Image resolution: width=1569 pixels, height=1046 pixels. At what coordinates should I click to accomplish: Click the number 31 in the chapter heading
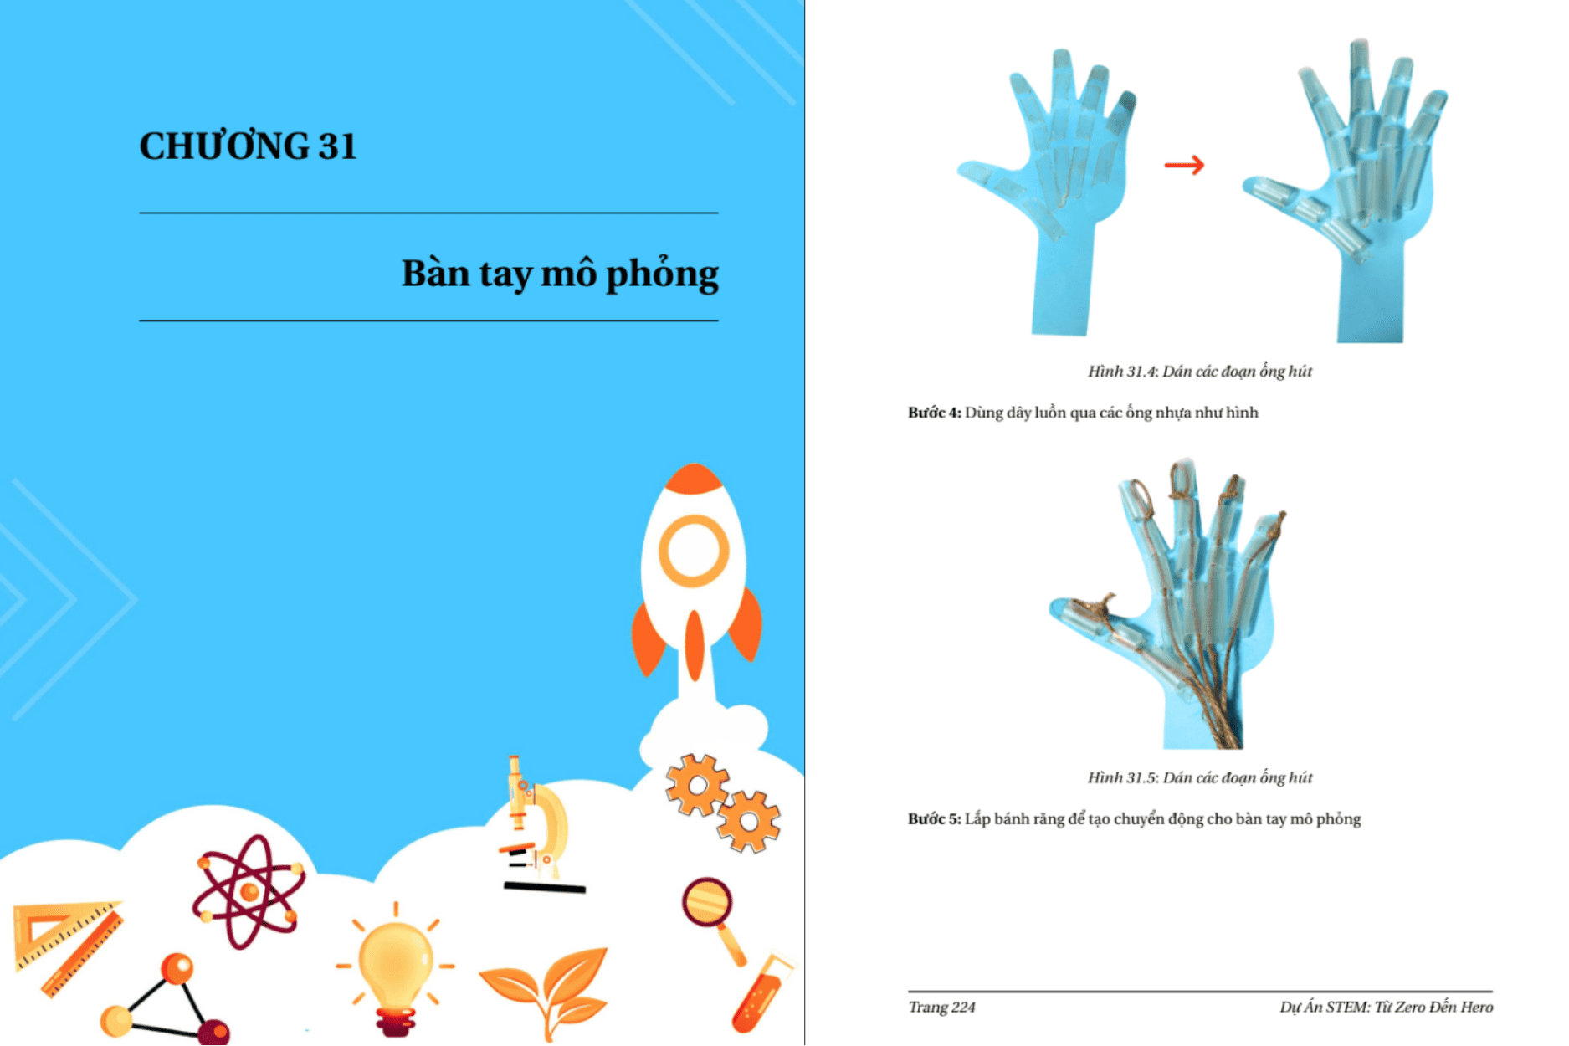click(x=337, y=146)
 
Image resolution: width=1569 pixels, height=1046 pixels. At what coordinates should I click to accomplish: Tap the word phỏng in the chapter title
click(x=662, y=275)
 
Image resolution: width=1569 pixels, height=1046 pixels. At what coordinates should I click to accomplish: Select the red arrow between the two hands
click(x=1184, y=165)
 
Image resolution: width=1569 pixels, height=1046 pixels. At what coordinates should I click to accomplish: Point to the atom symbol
click(x=249, y=892)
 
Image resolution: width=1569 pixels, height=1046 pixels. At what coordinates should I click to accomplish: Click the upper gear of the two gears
click(x=696, y=784)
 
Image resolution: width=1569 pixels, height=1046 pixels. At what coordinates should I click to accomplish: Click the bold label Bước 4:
click(x=934, y=413)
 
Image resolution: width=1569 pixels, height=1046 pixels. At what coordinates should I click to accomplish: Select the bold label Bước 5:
click(x=934, y=819)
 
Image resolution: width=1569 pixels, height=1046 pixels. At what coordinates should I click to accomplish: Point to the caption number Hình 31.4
click(x=1121, y=372)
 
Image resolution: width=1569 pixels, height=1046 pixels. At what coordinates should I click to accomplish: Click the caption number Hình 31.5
click(x=1121, y=778)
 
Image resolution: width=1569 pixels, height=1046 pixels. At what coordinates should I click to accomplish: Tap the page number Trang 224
click(x=941, y=1008)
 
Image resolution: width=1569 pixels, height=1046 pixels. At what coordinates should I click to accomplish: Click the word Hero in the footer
click(x=1476, y=1007)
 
